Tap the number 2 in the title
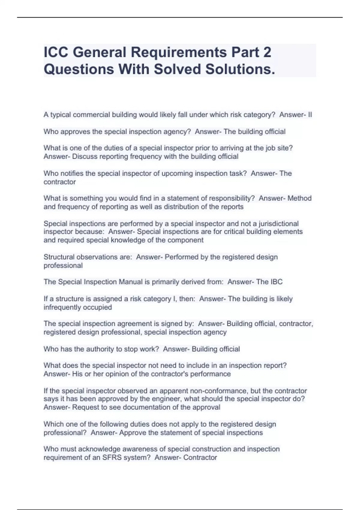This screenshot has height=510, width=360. pyautogui.click(x=267, y=52)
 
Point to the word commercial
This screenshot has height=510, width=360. pyautogui.click(x=91, y=115)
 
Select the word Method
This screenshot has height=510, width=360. pyautogui.click(x=299, y=198)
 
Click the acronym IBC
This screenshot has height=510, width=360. pyautogui.click(x=276, y=282)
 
